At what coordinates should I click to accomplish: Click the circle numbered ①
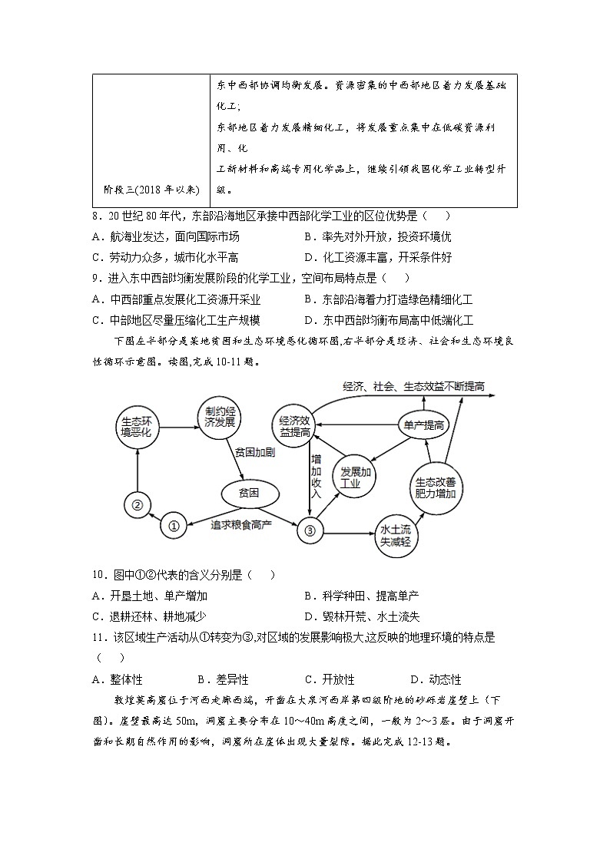tap(174, 526)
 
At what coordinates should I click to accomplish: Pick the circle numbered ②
tap(137, 504)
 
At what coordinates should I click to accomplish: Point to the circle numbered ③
tap(310, 529)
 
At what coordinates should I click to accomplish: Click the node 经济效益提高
tap(295, 426)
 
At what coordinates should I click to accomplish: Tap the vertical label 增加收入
tap(316, 476)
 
